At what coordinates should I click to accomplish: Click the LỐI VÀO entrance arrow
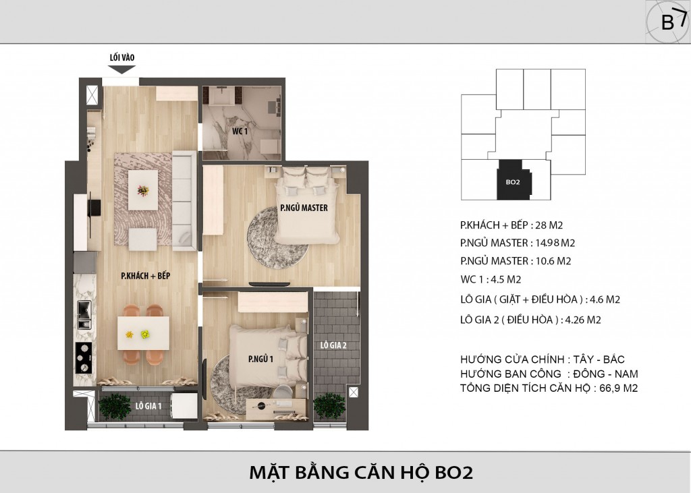pos(122,69)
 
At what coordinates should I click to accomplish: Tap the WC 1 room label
pos(240,132)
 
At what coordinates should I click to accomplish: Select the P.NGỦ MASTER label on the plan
pos(304,208)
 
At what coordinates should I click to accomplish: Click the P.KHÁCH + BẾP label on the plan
pos(146,277)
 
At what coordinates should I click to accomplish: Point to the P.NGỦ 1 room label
pos(260,359)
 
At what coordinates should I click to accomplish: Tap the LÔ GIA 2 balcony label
pos(333,345)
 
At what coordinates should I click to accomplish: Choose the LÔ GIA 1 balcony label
pos(148,406)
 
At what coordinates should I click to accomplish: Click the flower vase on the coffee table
pos(143,191)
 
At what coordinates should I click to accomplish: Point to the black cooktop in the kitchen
pos(84,357)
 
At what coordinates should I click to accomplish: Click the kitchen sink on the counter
pos(84,315)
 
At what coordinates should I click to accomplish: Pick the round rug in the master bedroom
pos(277,235)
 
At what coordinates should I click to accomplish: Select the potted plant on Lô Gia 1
pos(115,406)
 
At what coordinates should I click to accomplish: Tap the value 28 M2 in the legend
pos(549,225)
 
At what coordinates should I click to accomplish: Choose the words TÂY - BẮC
pos(599,359)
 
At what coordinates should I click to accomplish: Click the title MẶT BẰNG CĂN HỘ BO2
pos(361,472)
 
